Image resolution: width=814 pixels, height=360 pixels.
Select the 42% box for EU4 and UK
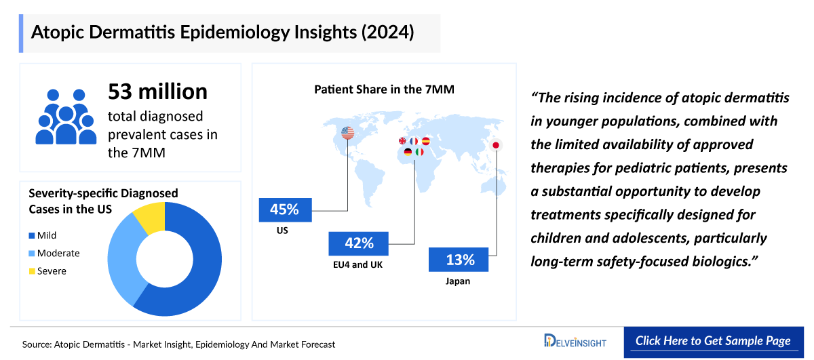click(x=358, y=243)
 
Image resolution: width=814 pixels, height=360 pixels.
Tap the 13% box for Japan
click(x=460, y=260)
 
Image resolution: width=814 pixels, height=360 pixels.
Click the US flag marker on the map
click(x=348, y=133)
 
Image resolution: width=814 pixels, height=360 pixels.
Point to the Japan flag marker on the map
click(x=496, y=145)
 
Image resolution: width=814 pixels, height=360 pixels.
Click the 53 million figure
click(x=157, y=92)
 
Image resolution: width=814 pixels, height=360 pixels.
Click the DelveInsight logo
click(x=575, y=341)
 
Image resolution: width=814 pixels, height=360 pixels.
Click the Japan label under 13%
click(x=459, y=281)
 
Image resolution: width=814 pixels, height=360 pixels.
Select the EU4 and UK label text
click(x=358, y=264)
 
